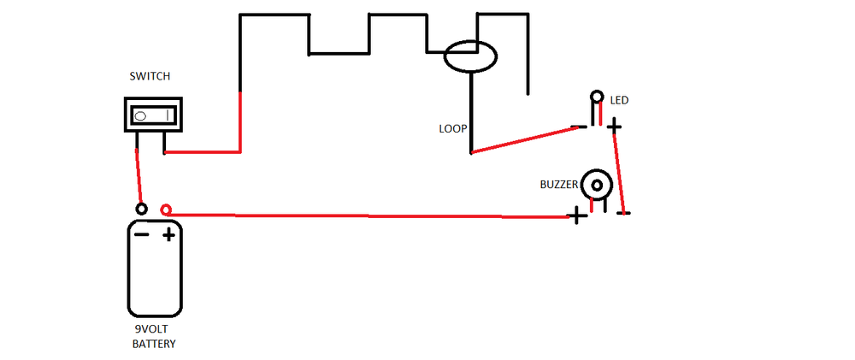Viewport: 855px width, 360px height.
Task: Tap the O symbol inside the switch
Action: (142, 115)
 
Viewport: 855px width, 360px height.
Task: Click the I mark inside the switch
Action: (168, 115)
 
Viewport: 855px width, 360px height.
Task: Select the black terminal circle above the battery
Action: (142, 210)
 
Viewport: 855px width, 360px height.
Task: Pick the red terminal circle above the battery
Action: (166, 210)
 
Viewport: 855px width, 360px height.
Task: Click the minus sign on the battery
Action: (142, 234)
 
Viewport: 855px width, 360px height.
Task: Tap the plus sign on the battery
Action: (169, 234)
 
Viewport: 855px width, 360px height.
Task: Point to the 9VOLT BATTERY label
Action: (154, 336)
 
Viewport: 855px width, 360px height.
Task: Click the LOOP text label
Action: (452, 129)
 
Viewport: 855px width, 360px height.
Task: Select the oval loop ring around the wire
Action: (469, 57)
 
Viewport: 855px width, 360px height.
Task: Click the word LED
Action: (620, 101)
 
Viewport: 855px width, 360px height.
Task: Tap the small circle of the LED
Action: (596, 96)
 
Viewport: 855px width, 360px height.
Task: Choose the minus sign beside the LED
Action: (579, 127)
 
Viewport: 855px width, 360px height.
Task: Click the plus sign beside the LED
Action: (614, 127)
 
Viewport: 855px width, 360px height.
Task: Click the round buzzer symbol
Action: (596, 185)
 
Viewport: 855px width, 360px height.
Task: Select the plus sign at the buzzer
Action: (579, 216)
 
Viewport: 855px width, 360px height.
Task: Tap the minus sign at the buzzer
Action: (623, 212)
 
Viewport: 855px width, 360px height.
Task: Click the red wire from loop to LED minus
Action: (523, 140)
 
